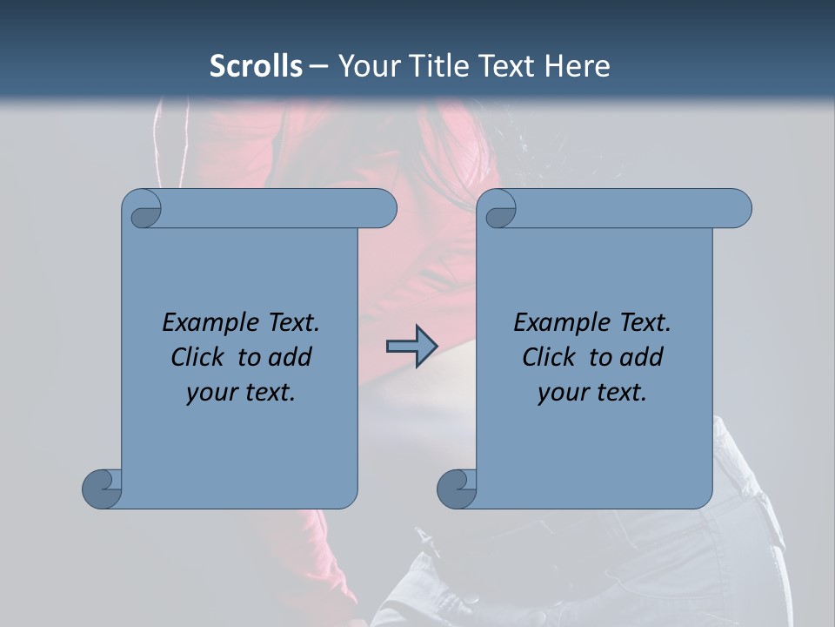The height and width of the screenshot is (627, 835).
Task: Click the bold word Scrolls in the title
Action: pyautogui.click(x=256, y=66)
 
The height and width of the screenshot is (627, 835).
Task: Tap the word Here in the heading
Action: pyautogui.click(x=577, y=66)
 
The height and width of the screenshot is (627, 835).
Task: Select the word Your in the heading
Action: pyautogui.click(x=371, y=66)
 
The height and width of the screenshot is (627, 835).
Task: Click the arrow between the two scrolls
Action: pyautogui.click(x=411, y=347)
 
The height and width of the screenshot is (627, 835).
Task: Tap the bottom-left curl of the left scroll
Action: pyautogui.click(x=102, y=489)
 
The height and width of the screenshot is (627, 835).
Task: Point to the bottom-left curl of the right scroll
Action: pyautogui.click(x=457, y=489)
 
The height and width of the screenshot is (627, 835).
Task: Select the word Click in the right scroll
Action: pyautogui.click(x=550, y=358)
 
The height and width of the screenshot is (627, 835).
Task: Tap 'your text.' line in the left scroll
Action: pyautogui.click(x=241, y=393)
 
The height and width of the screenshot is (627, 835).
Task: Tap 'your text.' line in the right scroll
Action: pyautogui.click(x=592, y=393)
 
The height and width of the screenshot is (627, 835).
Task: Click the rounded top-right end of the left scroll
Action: pyautogui.click(x=383, y=209)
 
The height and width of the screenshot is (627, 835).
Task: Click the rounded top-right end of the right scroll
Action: pyautogui.click(x=738, y=209)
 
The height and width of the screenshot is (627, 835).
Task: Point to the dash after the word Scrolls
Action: pyautogui.click(x=318, y=67)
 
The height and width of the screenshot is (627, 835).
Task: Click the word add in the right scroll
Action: pyautogui.click(x=642, y=358)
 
